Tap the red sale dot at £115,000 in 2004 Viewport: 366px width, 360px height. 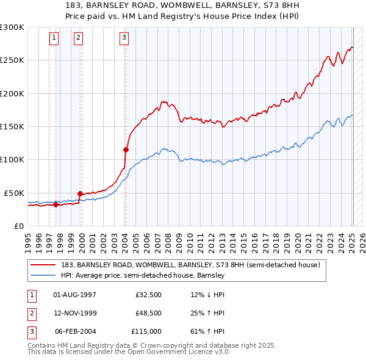(x=126, y=149)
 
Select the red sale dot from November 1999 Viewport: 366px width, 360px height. (x=80, y=193)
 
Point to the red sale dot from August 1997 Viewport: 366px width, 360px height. (x=56, y=204)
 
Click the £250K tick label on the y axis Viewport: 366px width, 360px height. (x=12, y=60)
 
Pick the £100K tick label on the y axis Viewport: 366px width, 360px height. (x=12, y=159)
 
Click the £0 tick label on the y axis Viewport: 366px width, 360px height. (x=18, y=226)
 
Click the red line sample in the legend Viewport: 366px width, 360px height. (x=43, y=265)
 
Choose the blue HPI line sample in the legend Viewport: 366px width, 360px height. (x=43, y=276)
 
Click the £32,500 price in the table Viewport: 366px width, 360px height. (x=148, y=295)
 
